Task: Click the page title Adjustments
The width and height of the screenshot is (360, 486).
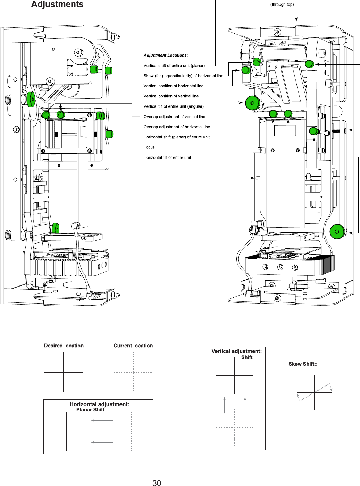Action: [x=57, y=5]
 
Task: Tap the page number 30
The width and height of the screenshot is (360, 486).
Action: [x=157, y=483]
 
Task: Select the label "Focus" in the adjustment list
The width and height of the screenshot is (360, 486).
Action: [x=149, y=147]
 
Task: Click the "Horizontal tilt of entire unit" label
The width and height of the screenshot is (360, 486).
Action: [x=167, y=157]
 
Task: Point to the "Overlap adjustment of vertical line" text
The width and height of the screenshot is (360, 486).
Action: [x=174, y=117]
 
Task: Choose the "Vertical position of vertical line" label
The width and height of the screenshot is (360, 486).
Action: [x=171, y=96]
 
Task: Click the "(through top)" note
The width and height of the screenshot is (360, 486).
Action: [x=282, y=5]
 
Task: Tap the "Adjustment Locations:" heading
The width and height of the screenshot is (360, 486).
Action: [x=166, y=55]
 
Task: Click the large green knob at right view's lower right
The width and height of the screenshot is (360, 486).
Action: [x=336, y=232]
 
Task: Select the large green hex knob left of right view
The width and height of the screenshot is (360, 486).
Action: [x=252, y=103]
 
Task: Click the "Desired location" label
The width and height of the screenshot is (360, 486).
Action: [x=64, y=346]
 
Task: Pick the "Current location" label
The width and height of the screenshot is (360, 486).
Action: [x=133, y=346]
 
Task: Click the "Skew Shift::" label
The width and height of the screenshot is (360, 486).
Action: [x=303, y=364]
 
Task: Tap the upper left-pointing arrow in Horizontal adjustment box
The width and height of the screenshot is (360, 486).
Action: [x=102, y=420]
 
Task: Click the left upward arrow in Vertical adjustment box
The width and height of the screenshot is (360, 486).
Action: [x=225, y=405]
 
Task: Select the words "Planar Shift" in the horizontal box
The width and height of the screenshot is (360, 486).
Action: [x=90, y=410]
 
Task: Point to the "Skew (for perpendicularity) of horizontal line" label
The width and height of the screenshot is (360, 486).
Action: [x=183, y=76]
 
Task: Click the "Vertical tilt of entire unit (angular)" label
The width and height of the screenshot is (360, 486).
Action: [x=174, y=106]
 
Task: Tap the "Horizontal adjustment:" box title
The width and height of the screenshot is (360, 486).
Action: [x=99, y=404]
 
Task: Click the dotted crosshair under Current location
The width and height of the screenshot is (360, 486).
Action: [x=133, y=372]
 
